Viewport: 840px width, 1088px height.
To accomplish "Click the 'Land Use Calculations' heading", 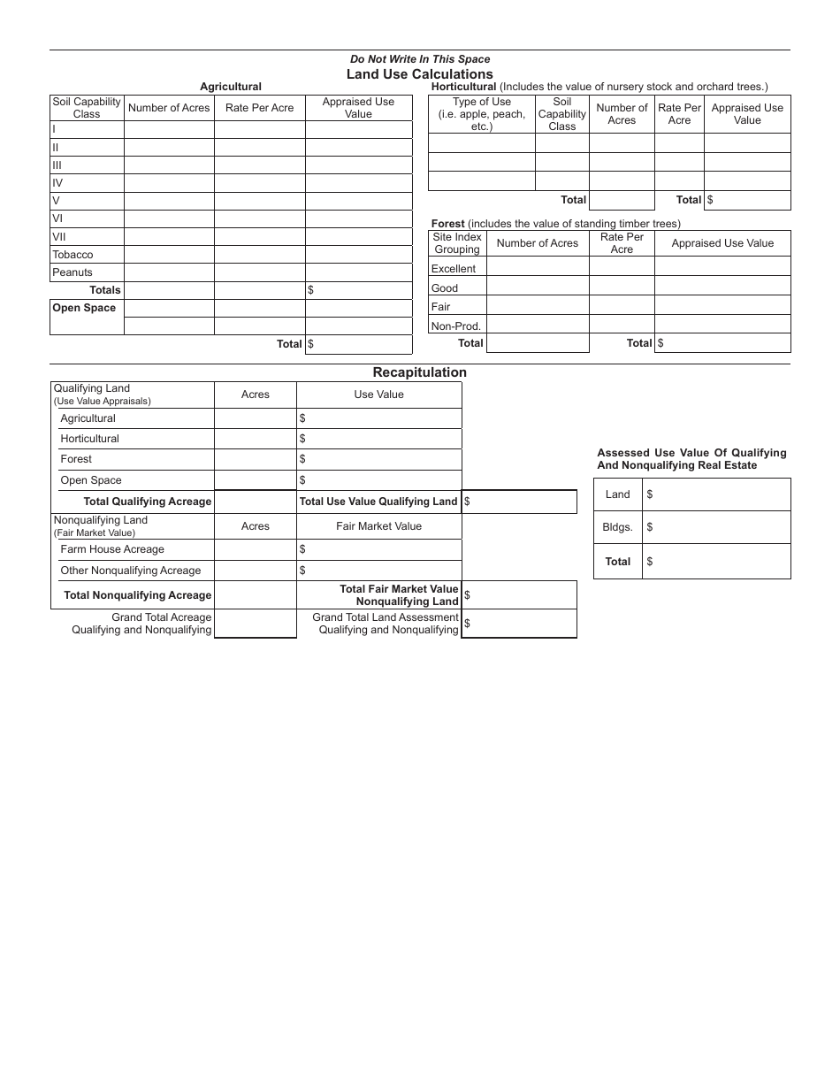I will (x=419, y=74).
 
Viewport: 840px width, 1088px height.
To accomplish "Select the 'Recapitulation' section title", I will (x=419, y=372).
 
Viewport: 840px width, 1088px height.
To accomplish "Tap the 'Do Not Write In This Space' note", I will (x=419, y=59).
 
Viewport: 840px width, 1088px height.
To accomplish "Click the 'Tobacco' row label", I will (x=73, y=255).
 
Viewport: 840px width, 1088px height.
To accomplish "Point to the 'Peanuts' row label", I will (x=73, y=272).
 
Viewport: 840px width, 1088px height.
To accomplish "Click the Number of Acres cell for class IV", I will (x=169, y=183).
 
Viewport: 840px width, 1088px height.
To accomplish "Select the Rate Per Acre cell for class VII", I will (x=260, y=236).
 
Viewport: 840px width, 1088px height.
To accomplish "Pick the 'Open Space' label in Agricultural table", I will (x=84, y=308).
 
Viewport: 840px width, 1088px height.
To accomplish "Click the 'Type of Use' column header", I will (x=482, y=114).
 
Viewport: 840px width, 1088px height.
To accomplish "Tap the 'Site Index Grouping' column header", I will (x=457, y=243).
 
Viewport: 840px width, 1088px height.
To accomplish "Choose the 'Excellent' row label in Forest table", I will (x=454, y=269).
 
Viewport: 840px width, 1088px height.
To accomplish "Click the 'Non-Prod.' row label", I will (x=456, y=326).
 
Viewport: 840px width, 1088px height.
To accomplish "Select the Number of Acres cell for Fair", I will (x=538, y=306).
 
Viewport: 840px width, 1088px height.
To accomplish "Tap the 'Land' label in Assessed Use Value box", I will (x=617, y=494).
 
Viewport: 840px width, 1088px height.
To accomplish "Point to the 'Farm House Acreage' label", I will (x=112, y=549).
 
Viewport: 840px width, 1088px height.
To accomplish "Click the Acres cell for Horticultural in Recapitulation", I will (x=256, y=439).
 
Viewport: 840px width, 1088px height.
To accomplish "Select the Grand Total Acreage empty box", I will (x=256, y=624).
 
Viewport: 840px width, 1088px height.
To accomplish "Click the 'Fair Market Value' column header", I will (x=378, y=526).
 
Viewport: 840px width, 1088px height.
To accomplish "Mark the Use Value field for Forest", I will (x=378, y=459).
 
